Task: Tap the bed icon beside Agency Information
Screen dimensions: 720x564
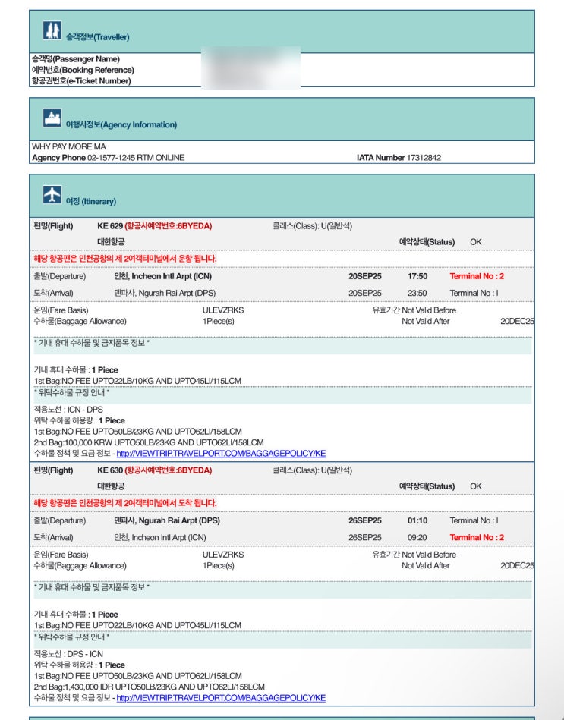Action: [52, 118]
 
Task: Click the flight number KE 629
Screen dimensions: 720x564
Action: [110, 225]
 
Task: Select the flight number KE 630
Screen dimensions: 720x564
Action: [110, 470]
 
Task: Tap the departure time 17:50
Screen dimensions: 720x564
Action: [417, 276]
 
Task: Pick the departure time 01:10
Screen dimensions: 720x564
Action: [417, 521]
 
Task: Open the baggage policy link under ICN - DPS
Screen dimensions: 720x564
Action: [221, 453]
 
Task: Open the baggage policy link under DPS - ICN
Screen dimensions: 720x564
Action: [221, 698]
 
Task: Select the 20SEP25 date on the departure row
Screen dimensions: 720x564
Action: [365, 276]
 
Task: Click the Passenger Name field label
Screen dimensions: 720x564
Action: [75, 58]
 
